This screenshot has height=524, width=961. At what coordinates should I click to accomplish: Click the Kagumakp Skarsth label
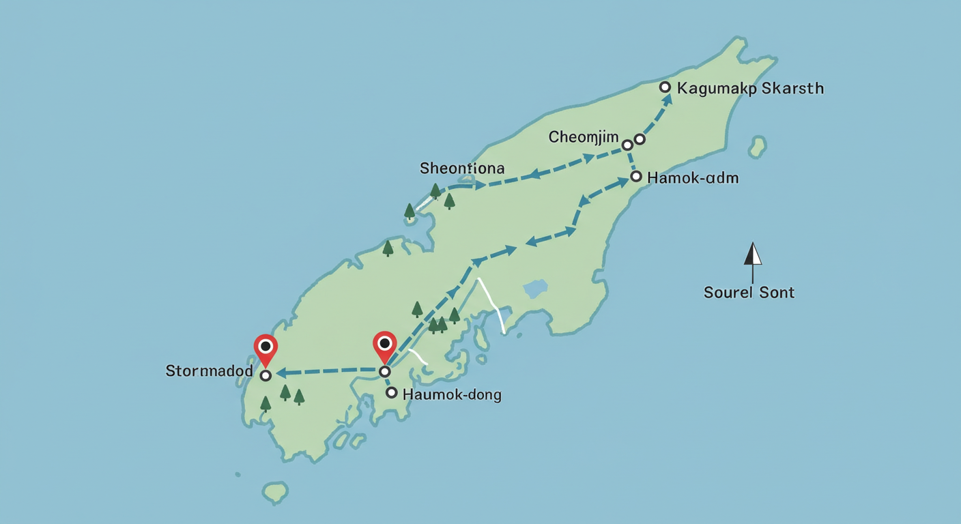[x=751, y=89]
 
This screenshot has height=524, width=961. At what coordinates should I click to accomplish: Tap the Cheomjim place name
[x=584, y=138]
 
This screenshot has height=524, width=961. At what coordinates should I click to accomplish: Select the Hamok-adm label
[x=693, y=178]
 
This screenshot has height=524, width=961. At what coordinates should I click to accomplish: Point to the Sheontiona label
[x=462, y=168]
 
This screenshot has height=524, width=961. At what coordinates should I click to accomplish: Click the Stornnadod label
[x=210, y=372]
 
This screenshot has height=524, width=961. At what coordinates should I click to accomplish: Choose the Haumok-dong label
[x=452, y=394]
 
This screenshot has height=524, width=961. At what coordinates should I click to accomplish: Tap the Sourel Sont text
[x=749, y=293]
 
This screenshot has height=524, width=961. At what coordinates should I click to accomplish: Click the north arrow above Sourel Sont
[x=752, y=255]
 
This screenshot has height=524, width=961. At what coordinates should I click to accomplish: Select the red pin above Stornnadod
[x=266, y=349]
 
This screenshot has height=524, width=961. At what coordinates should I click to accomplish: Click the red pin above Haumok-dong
[x=385, y=345]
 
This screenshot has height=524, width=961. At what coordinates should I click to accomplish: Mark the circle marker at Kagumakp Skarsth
[x=665, y=87]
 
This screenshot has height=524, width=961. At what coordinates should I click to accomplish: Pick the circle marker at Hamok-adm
[x=636, y=177]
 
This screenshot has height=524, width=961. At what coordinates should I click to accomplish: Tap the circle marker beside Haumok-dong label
[x=391, y=392]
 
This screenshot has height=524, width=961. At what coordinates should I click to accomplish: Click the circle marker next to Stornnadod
[x=266, y=375]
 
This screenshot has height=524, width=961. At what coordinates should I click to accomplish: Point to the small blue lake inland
[x=536, y=289]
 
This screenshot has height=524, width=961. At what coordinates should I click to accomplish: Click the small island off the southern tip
[x=275, y=491]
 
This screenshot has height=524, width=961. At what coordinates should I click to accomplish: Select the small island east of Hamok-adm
[x=756, y=146]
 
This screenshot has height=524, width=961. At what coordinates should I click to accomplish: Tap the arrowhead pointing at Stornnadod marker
[x=280, y=373]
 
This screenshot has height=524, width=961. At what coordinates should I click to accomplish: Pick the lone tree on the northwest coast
[x=388, y=247]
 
